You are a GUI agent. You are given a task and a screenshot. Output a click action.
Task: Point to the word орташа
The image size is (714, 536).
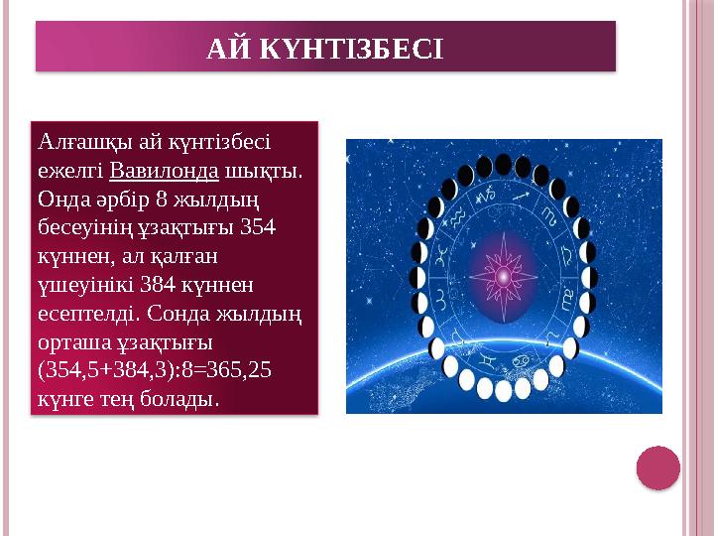pyautogui.click(x=70, y=341)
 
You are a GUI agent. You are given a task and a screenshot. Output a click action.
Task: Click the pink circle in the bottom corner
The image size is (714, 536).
pyautogui.click(x=657, y=468)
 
